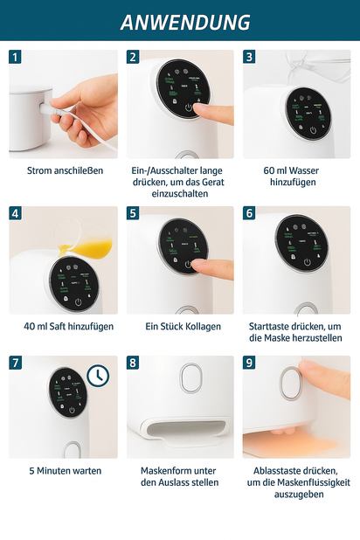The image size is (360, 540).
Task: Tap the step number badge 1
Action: pyautogui.click(x=16, y=57)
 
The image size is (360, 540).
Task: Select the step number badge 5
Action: pyautogui.click(x=133, y=213)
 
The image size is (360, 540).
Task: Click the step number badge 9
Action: pyautogui.click(x=249, y=361)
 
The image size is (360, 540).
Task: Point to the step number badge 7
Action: pyautogui.click(x=16, y=361)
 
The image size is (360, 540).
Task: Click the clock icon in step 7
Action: pyautogui.click(x=99, y=375)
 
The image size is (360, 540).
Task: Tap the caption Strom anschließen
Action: pyautogui.click(x=64, y=170)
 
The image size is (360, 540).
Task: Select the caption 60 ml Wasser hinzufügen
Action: pyautogui.click(x=296, y=177)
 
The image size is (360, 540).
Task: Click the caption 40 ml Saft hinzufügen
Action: pyautogui.click(x=64, y=326)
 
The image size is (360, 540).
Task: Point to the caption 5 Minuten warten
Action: pyautogui.click(x=64, y=470)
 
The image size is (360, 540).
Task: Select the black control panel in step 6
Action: pyautogui.click(x=302, y=243)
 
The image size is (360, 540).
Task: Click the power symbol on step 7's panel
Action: pyautogui.click(x=73, y=408)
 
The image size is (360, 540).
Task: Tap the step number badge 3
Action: pyautogui.click(x=249, y=57)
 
